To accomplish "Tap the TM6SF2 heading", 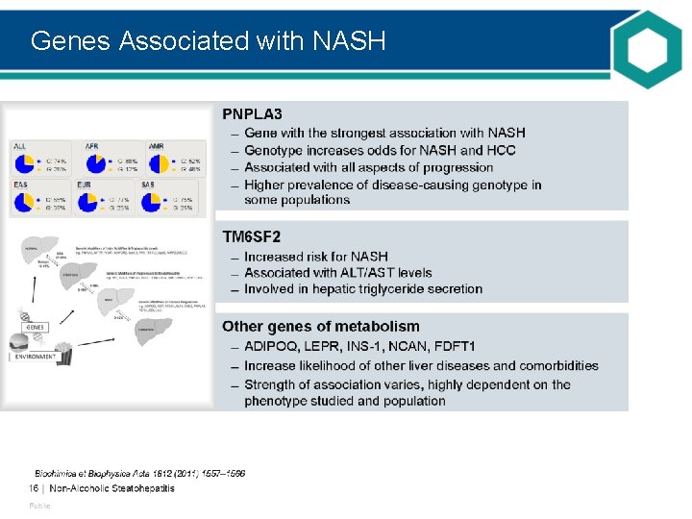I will [252, 236].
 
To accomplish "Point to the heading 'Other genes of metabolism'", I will [321, 327].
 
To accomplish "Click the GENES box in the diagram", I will [35, 327].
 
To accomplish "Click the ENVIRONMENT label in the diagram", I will [36, 357].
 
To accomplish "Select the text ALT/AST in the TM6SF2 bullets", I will [358, 273].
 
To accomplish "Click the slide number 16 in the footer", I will [33, 488].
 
